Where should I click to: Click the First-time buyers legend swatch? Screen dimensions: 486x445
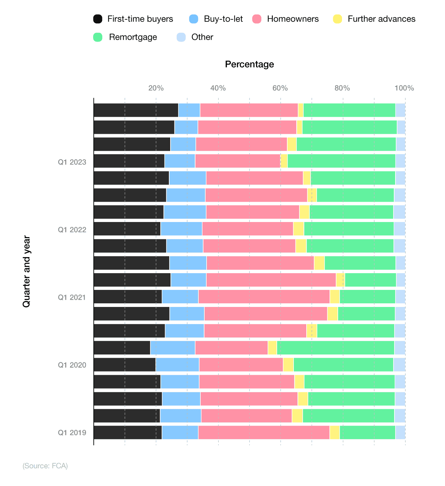point(98,19)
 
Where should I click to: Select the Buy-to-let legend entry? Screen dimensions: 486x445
point(223,19)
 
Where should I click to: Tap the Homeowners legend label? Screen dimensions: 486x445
point(293,19)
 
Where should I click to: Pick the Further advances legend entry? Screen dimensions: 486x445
point(381,19)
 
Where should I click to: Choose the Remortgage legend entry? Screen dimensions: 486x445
point(133,37)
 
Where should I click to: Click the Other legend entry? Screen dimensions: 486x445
point(202,37)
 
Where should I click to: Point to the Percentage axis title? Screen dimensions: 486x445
point(249,64)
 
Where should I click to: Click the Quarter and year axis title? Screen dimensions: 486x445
point(26,272)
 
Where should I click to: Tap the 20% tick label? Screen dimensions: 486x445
point(156,88)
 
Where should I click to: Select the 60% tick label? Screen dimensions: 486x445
point(280,88)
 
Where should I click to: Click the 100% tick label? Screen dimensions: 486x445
point(404,88)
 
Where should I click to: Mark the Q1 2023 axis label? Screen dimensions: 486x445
point(72,162)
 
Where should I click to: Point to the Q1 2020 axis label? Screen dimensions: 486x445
point(72,365)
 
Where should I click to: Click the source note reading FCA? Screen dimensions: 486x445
point(45,466)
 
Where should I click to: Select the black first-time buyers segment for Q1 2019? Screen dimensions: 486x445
point(128,433)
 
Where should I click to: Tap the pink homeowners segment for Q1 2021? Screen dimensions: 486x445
point(264,297)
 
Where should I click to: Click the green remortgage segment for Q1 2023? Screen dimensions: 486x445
point(341,161)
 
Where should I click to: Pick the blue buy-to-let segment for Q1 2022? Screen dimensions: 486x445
point(181,229)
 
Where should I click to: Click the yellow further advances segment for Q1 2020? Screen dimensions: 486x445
point(288,365)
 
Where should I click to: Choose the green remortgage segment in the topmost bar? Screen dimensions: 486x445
point(349,110)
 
